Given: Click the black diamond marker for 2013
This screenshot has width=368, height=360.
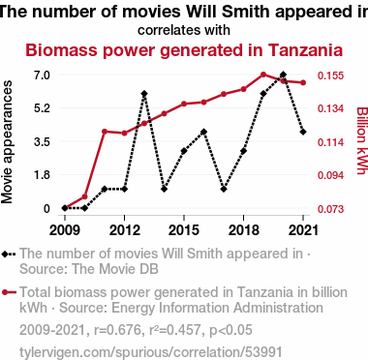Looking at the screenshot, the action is coord(144,94).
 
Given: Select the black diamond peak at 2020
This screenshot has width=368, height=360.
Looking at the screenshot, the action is coord(283,75).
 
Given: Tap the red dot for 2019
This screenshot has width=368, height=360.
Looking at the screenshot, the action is coord(263,75).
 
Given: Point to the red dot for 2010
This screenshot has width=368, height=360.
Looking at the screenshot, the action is coord(84,196).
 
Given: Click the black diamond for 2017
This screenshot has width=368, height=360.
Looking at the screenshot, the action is coord(224,189).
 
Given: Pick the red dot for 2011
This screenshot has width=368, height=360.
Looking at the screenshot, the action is coord(105,132).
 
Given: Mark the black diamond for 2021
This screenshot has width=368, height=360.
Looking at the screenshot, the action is coord(303,132).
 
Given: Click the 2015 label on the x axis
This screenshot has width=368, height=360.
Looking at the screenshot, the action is coord(184,230).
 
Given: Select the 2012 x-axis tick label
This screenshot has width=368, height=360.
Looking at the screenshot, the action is coord(124,230).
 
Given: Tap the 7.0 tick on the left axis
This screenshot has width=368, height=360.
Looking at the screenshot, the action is coord(42,75).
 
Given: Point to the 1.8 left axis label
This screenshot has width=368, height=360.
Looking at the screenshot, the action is coord(42,175).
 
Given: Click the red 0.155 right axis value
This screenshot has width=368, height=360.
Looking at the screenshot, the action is coord(330,75).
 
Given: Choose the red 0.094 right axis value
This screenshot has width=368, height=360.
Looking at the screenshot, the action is coord(330,175).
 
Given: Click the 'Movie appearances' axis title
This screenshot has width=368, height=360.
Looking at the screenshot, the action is coord(7,142).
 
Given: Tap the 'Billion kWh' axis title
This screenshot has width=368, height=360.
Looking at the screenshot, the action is coord(362,140).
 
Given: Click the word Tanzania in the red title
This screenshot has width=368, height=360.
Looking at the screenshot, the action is coord(305,50).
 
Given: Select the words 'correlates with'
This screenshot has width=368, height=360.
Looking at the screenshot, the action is coord(184,30).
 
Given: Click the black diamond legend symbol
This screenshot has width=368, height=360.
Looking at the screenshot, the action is coord(9,254).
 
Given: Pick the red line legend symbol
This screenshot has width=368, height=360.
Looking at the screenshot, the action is coord(9,292).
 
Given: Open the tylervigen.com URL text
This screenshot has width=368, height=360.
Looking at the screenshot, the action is coord(151,352).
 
